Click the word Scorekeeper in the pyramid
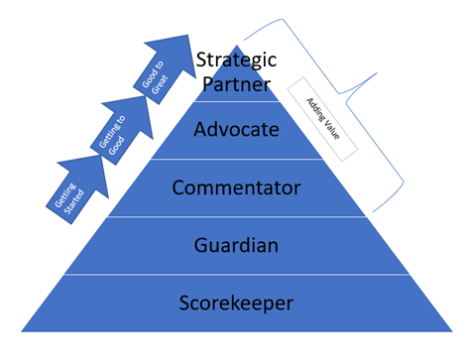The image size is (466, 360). [x=234, y=302]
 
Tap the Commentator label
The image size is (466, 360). [x=235, y=186]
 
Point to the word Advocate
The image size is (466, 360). [x=235, y=129]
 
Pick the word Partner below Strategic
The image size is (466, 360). [x=235, y=84]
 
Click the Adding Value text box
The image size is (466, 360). [x=322, y=118]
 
